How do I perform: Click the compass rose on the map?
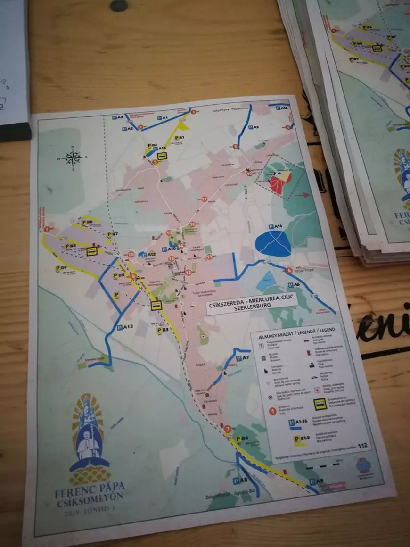pos(73,157)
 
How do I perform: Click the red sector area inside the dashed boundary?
pos(280,182)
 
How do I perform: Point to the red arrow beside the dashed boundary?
pos(304,194)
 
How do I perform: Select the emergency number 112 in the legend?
pos(362,446)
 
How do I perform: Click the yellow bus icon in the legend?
pos(320,404)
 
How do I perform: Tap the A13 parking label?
pos(125,326)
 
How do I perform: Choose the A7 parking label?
pos(242,358)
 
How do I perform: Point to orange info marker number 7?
pos(228,429)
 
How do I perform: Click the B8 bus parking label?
pos(70,246)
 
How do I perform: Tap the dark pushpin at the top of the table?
pos(119,6)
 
